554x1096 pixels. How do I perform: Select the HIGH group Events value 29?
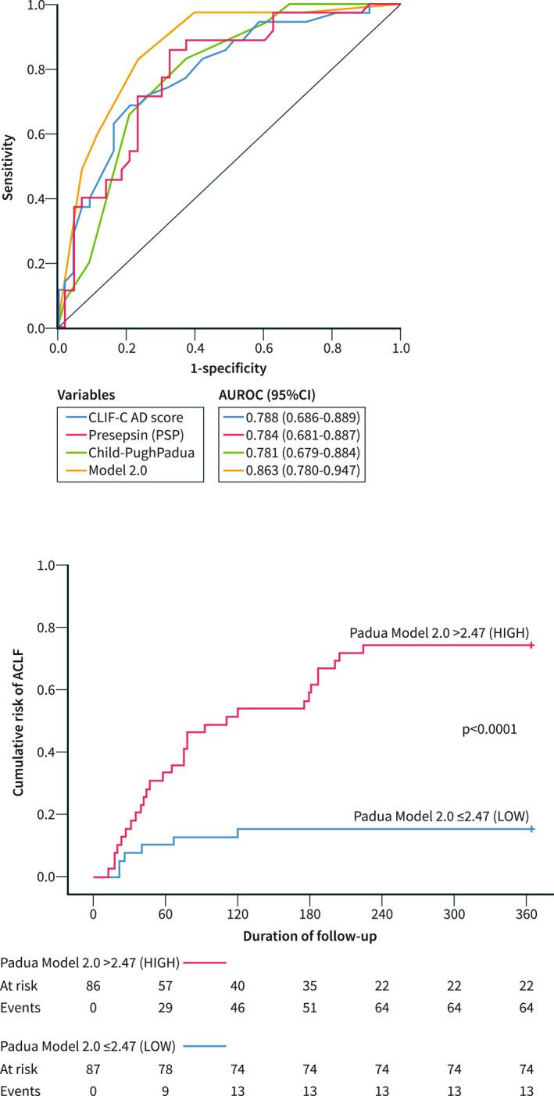[166, 1008]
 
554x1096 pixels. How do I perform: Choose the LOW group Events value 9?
[166, 1088]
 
